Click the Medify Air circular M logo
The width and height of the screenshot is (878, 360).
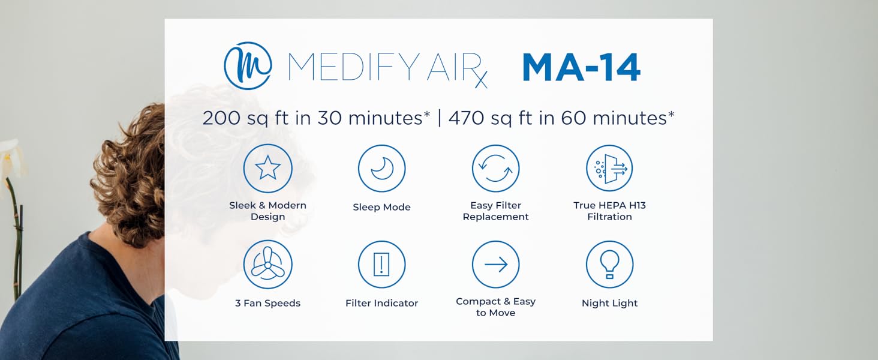[248, 66]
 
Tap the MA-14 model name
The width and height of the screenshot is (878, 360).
[581, 67]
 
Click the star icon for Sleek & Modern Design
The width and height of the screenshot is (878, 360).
[267, 169]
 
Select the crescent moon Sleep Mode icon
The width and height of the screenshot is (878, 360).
[381, 169]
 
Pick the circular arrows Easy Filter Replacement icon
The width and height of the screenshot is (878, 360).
[495, 169]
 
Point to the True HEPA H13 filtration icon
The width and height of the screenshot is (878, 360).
[609, 169]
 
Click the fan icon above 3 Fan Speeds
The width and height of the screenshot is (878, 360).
[267, 265]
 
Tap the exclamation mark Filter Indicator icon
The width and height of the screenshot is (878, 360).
[381, 265]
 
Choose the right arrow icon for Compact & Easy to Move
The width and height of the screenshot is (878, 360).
[495, 265]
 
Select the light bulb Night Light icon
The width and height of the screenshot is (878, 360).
[609, 265]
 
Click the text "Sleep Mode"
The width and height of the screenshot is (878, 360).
[381, 207]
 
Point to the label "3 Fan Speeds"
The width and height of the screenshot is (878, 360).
[267, 303]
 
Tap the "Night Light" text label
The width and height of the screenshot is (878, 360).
[609, 303]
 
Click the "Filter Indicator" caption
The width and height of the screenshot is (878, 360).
[381, 303]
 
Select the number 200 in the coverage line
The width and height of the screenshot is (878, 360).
[219, 118]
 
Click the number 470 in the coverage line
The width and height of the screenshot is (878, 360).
[465, 118]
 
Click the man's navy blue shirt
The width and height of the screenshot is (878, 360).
[78, 300]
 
